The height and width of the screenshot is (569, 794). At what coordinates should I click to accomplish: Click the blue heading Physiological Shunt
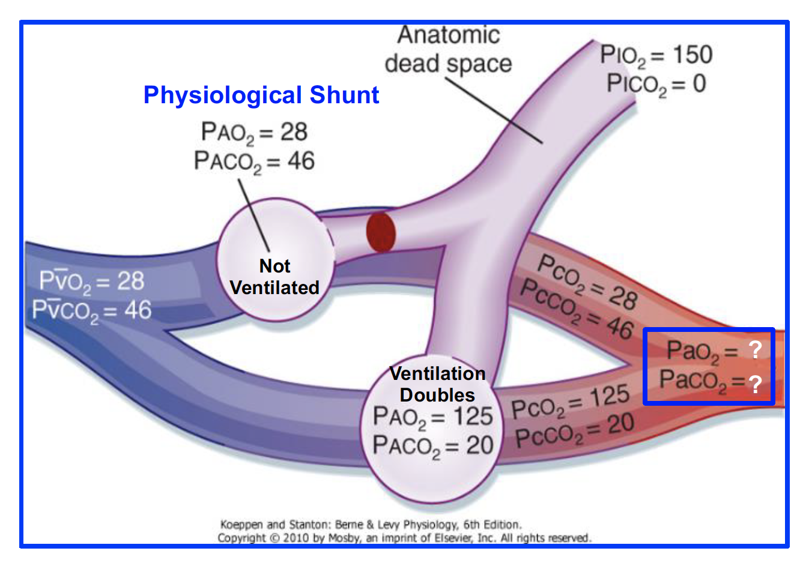[261, 95]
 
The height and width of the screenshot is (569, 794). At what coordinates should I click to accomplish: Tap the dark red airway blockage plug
[381, 232]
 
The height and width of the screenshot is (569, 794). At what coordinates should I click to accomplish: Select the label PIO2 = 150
[656, 55]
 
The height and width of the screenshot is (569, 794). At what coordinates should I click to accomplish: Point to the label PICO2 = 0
[656, 84]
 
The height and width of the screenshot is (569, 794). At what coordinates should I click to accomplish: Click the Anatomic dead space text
[448, 49]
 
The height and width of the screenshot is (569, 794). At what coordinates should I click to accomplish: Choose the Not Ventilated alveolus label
[274, 277]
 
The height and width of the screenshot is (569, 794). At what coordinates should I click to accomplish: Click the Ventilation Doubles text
[437, 384]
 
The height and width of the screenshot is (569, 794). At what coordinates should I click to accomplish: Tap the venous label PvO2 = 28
[92, 281]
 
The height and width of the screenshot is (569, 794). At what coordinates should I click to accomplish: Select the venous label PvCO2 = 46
[92, 310]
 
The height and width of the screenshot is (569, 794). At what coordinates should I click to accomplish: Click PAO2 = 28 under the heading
[254, 133]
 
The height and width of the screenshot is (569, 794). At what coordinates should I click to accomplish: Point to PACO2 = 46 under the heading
[254, 161]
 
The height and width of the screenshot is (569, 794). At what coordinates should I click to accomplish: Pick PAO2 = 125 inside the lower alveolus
[432, 417]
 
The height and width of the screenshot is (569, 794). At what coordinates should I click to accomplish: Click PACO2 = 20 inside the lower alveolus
[432, 445]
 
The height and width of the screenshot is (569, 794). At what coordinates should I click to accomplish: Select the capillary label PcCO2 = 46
[576, 309]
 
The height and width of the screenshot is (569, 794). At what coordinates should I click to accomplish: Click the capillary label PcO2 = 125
[570, 402]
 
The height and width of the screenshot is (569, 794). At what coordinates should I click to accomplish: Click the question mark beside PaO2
[755, 349]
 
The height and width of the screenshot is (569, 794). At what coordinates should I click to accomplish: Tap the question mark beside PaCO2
[755, 384]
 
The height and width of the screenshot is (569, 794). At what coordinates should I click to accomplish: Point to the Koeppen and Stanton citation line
[371, 524]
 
